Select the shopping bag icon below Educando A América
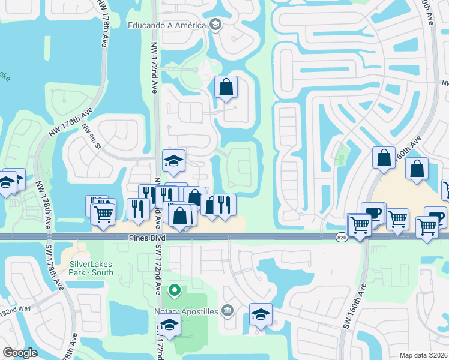pyautogui.click(x=226, y=88)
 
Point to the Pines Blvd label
pyautogui.click(x=146, y=238)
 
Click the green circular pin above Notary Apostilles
pyautogui.click(x=174, y=290)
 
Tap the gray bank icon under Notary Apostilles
pyautogui.click(x=228, y=310)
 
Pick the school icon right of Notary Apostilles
pyautogui.click(x=261, y=314)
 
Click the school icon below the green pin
pyautogui.click(x=170, y=325)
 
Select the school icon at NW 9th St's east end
pyautogui.click(x=174, y=161)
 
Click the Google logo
pyautogui.click(x=19, y=353)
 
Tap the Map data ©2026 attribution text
pyautogui.click(x=423, y=355)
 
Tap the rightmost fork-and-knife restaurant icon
pyautogui.click(x=224, y=205)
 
